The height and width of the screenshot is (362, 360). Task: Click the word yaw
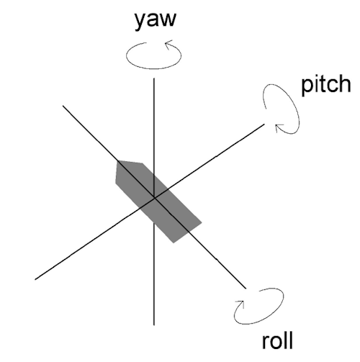156,20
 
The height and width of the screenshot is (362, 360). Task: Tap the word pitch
326,84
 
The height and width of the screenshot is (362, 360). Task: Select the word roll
277,340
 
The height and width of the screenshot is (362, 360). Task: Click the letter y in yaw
140,22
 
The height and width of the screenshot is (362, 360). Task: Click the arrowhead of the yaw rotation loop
169,44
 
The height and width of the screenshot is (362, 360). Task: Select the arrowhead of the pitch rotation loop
279,127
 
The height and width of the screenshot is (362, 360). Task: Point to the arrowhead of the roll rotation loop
240,304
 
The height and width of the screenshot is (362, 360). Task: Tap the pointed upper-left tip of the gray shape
117,161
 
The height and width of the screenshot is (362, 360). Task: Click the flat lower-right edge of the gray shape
187,232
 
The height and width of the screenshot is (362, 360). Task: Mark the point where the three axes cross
154,198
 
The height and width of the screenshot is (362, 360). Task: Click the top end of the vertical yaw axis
154,78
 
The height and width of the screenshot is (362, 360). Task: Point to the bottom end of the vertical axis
154,325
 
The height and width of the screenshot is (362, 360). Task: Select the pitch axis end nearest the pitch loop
264,125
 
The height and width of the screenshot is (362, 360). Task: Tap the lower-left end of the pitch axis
35,279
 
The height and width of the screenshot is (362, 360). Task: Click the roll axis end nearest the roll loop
246,288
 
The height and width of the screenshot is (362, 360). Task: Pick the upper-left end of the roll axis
63,106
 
